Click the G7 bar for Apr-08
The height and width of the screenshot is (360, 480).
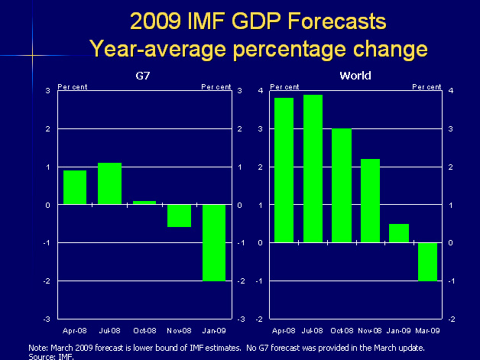pos(74,187)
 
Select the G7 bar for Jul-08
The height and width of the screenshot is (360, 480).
pos(109,183)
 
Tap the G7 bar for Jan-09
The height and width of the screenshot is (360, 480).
pos(214,242)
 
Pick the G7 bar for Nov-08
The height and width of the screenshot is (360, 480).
pos(179,216)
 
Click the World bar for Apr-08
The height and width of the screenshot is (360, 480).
pos(284,170)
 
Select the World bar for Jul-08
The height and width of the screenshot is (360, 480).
pos(313,168)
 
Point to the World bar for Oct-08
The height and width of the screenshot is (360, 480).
pos(341,185)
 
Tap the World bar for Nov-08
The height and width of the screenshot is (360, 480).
pos(370,200)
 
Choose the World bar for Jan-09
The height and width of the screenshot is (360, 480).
pos(398,233)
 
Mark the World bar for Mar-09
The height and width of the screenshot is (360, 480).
pos(426,261)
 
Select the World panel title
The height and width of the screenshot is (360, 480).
pos(355,75)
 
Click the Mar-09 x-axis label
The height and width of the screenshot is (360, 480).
pos(427,331)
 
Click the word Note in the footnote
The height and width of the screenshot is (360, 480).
pos(37,347)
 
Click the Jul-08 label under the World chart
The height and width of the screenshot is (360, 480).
pos(313,331)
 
